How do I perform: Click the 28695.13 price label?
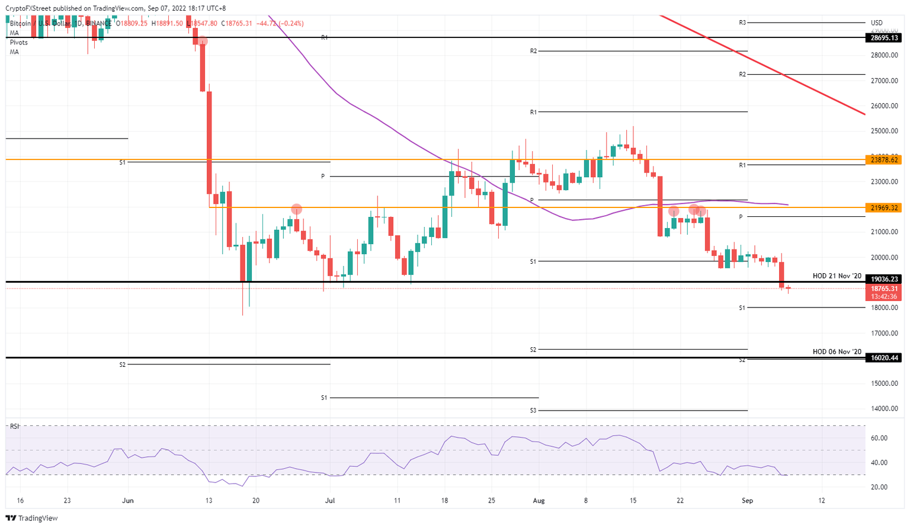pyautogui.click(x=885, y=37)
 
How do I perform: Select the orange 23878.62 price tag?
pyautogui.click(x=885, y=159)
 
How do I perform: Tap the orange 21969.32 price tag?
pyautogui.click(x=885, y=207)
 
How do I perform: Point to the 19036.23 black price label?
pyautogui.click(x=885, y=279)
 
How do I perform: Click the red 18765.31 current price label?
pyautogui.click(x=885, y=289)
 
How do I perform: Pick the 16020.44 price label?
pyautogui.click(x=885, y=358)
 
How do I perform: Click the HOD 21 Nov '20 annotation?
pyautogui.click(x=837, y=276)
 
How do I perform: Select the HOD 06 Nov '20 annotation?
pyautogui.click(x=837, y=352)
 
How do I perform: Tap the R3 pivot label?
pyautogui.click(x=742, y=23)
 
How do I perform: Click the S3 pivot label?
pyautogui.click(x=533, y=410)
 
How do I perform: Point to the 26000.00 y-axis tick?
pyautogui.click(x=885, y=106)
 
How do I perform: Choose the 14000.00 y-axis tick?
pyautogui.click(x=885, y=409)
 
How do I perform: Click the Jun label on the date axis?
pyautogui.click(x=128, y=501)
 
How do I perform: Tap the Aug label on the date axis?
pyautogui.click(x=539, y=501)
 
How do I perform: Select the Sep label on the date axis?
pyautogui.click(x=748, y=501)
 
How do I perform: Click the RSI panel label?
pyautogui.click(x=15, y=426)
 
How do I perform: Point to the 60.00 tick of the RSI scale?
pyautogui.click(x=879, y=438)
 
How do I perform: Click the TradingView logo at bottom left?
pyautogui.click(x=33, y=519)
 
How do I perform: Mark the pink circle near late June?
pyautogui.click(x=297, y=209)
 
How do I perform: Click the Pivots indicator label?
pyautogui.click(x=18, y=43)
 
